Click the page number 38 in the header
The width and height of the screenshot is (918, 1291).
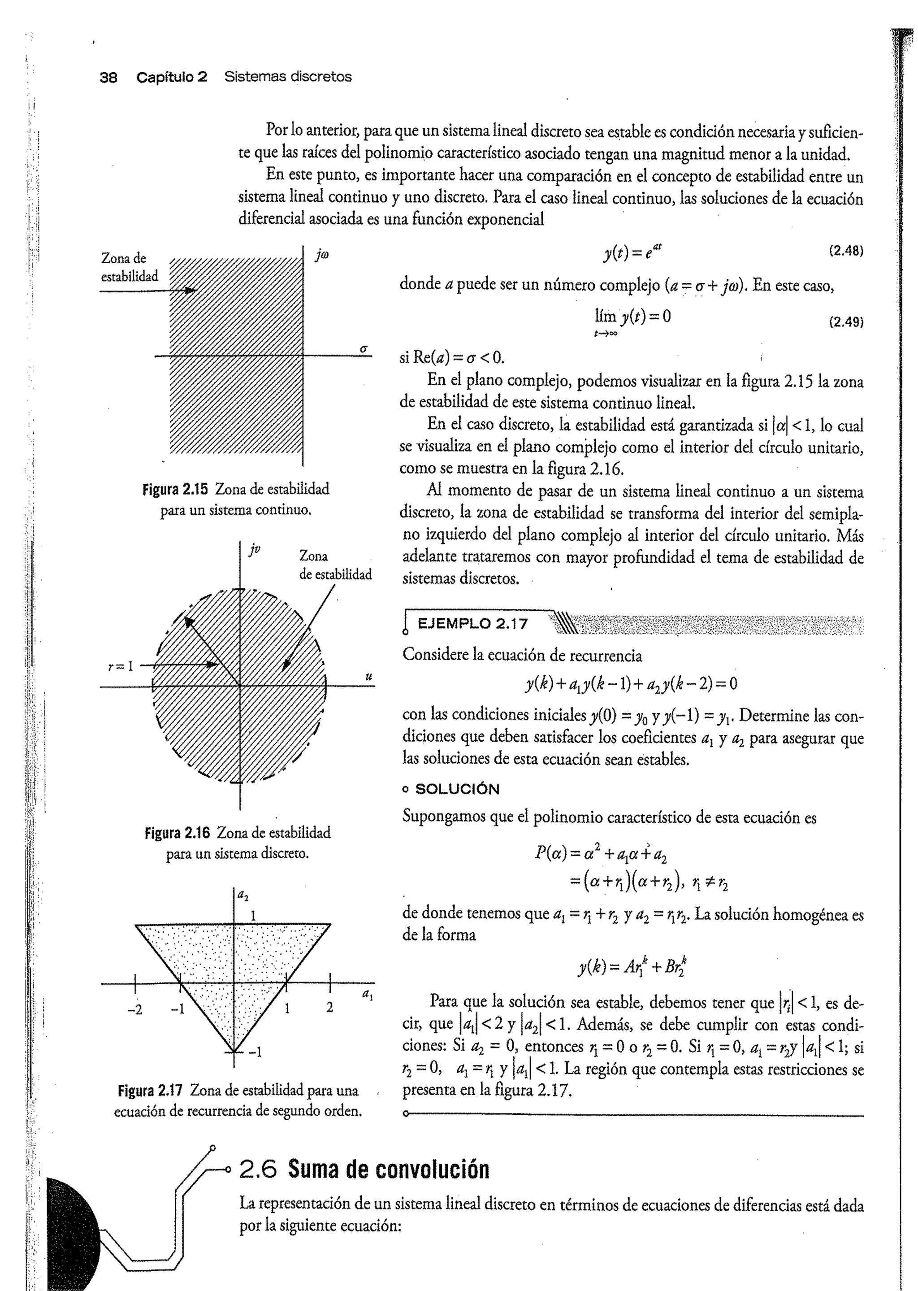click(x=108, y=77)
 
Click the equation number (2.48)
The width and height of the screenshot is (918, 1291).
click(x=846, y=251)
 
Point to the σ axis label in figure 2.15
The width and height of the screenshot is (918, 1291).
click(x=364, y=349)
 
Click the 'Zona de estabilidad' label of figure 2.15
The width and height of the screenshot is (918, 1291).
click(x=129, y=267)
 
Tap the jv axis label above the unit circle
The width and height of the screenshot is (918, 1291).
click(x=255, y=548)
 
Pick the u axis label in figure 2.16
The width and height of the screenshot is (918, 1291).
click(x=368, y=676)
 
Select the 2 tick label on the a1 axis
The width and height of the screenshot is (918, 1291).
click(x=329, y=1008)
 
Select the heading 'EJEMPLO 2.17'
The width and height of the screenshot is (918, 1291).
click(x=472, y=624)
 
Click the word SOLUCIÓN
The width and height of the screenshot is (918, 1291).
click(x=457, y=789)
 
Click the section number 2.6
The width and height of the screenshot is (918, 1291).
click(x=258, y=1169)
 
